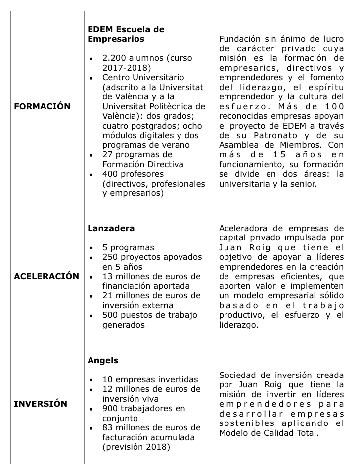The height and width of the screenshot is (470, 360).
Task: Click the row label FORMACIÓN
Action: coord(42,106)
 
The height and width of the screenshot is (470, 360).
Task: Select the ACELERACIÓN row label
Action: coord(46,276)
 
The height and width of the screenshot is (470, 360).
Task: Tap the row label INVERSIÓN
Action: coord(41,404)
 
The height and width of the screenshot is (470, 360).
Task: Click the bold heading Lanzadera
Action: coord(111,229)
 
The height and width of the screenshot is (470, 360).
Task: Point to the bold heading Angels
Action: coord(103,361)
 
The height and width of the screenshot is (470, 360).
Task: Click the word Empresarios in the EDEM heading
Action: coord(116,39)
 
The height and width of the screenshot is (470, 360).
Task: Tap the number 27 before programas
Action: coord(108,155)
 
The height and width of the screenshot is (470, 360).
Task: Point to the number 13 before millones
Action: coord(108,276)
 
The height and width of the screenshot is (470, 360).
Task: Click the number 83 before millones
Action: coord(108,428)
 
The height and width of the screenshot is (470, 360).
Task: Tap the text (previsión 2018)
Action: coord(136,447)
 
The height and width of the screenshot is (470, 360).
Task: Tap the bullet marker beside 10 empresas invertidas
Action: coord(92,380)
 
